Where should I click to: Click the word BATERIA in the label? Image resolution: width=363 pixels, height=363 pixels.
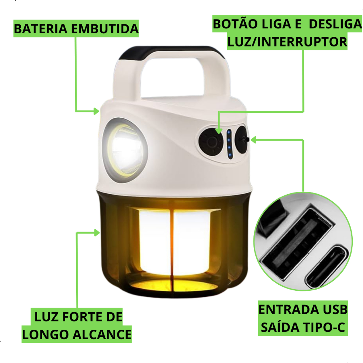(x=41, y=29)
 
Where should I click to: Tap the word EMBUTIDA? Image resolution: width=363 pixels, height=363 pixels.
(x=105, y=29)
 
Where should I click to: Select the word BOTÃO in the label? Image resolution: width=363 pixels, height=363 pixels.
(x=233, y=24)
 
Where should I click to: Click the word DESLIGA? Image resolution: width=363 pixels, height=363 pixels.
(x=335, y=24)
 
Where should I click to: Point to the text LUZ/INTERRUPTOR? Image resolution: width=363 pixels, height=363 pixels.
(x=287, y=42)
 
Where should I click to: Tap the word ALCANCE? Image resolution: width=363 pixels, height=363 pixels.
(x=102, y=335)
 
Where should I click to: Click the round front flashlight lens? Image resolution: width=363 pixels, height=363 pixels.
(x=125, y=150)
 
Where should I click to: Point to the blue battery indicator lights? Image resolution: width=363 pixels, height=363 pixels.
(x=229, y=144)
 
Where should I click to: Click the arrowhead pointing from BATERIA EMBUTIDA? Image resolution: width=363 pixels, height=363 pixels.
(x=96, y=111)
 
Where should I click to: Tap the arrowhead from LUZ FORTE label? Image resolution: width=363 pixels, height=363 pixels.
(x=97, y=233)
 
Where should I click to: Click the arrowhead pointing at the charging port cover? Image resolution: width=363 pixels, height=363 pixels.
(x=254, y=140)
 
